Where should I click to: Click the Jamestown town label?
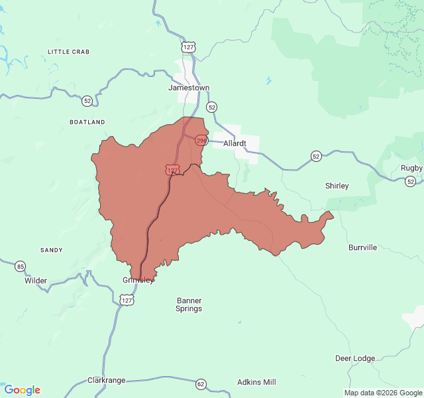[189, 88]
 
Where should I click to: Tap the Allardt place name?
[235, 143]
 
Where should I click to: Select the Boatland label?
[87, 122]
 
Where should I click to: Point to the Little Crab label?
[68, 51]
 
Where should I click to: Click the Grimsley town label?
[138, 280]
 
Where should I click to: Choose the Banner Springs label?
[189, 304]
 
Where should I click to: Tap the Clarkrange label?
[107, 381]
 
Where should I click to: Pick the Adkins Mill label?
[256, 382]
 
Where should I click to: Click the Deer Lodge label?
[354, 358]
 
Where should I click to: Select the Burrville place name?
[362, 247]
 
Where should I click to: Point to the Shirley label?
[337, 186]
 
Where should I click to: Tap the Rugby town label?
[411, 168]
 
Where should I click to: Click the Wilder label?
[36, 281]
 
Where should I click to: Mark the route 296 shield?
[201, 141]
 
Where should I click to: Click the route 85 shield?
[21, 266]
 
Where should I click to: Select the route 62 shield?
[201, 384]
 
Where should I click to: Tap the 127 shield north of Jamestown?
[189, 47]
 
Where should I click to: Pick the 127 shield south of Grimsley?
[127, 300]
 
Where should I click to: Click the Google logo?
[22, 390]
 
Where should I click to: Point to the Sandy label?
[52, 250]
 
